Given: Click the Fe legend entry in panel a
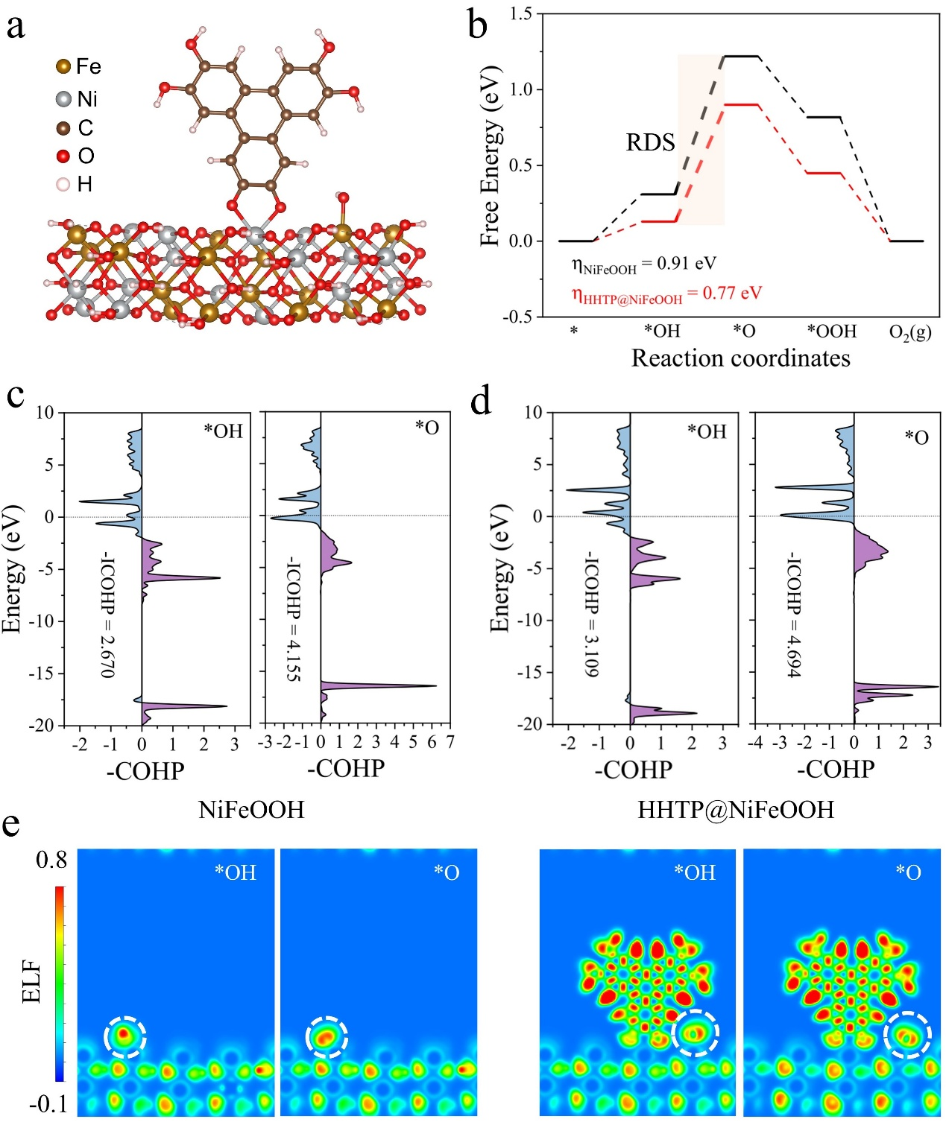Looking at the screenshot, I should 78,67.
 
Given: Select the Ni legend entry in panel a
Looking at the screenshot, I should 77,99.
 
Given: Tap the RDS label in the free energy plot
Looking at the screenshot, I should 650,142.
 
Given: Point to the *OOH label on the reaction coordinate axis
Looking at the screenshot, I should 832,332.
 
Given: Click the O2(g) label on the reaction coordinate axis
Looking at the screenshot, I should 909,332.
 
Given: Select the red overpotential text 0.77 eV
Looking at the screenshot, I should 667,294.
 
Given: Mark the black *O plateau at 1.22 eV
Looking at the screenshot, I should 741,57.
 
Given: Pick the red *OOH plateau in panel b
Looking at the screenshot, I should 824,173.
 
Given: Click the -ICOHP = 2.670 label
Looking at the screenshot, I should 108,615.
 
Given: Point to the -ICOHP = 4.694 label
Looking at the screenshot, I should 795,615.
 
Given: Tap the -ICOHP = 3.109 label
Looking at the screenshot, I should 591,615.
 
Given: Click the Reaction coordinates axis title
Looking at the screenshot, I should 740,358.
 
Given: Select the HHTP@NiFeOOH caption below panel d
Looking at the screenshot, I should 736,810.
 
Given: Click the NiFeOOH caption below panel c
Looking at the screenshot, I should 251,810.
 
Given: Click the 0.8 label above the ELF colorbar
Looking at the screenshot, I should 51,860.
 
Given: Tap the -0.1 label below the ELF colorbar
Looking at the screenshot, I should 48,1104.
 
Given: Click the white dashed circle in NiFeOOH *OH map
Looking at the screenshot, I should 125,1036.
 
